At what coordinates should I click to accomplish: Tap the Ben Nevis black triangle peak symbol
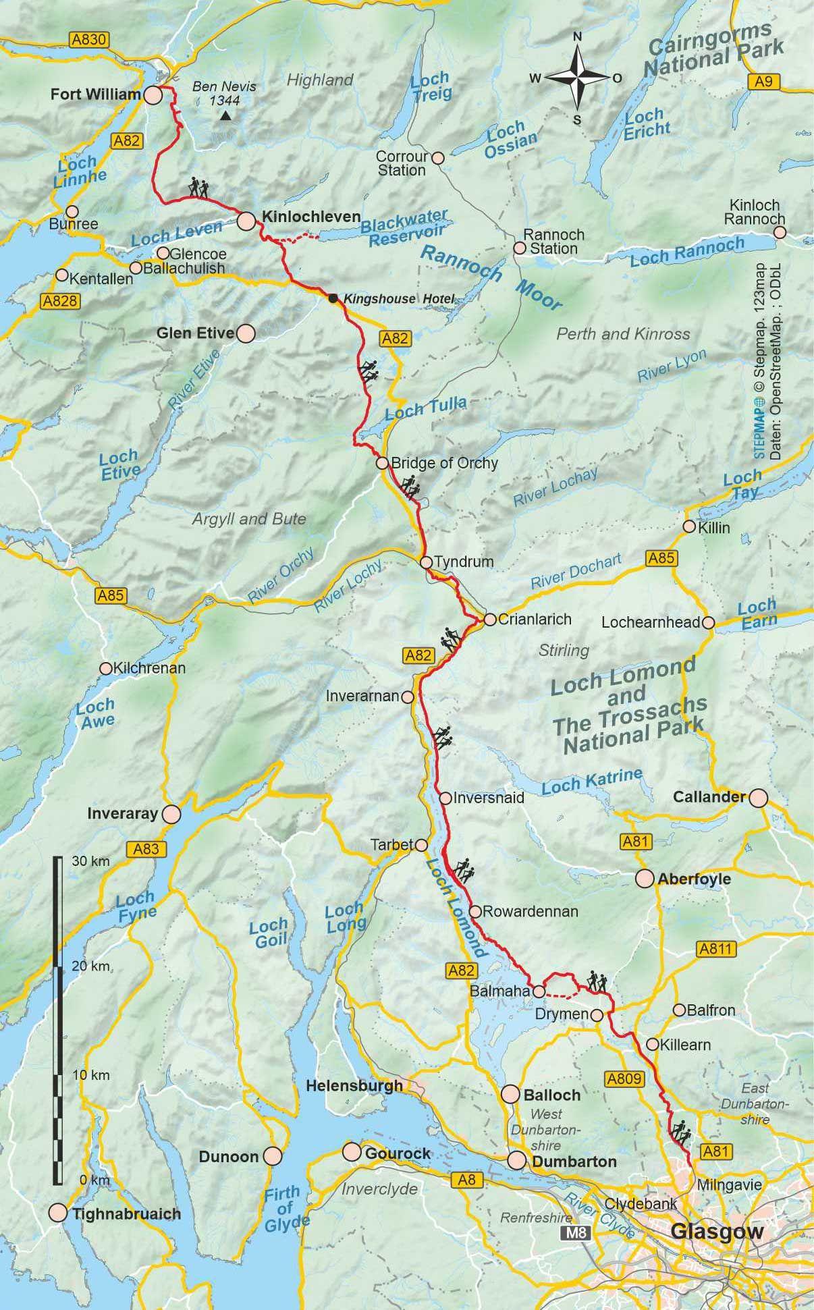(225, 117)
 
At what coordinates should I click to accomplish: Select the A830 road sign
(89, 40)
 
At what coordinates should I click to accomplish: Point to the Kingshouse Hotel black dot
(333, 298)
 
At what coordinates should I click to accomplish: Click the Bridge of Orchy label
(444, 463)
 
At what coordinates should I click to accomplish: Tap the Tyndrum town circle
(426, 562)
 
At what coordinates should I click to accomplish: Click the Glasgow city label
(717, 1232)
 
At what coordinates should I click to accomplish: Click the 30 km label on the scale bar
(90, 862)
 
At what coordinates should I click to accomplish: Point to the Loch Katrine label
(591, 782)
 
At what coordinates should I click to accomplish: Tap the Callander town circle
(759, 798)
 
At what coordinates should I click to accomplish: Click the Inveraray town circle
(172, 814)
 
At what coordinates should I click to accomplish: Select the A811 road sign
(715, 948)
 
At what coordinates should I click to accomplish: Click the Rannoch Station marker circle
(520, 248)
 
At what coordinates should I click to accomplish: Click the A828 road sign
(59, 301)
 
